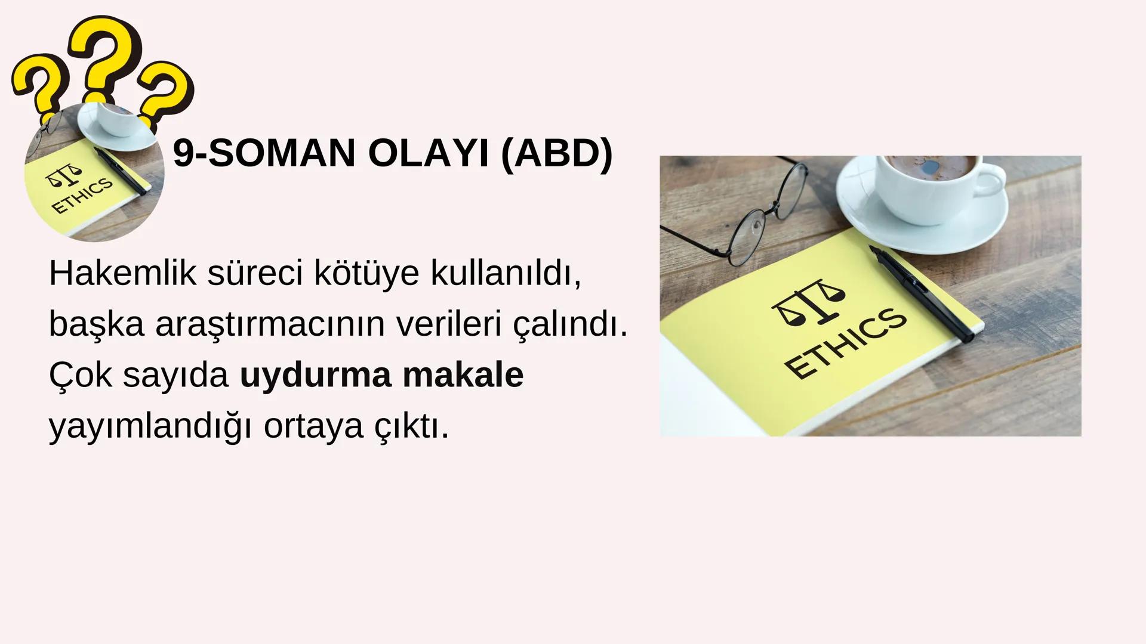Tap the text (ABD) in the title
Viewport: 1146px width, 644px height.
[x=556, y=153]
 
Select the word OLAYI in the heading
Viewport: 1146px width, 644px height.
[x=427, y=153]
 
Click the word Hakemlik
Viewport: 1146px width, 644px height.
[x=123, y=273]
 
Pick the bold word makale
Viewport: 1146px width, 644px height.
[x=463, y=375]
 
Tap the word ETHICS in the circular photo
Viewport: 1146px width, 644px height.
[x=82, y=196]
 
